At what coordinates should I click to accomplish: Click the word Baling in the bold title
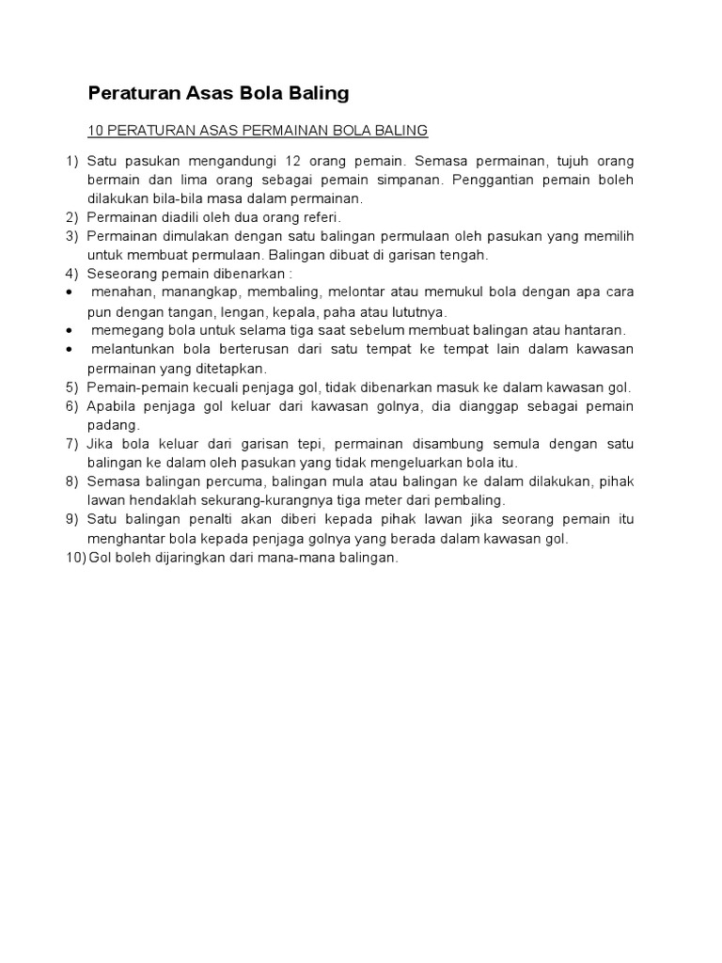point(317,93)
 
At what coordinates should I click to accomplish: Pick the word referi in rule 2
point(319,217)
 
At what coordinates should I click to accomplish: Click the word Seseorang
point(121,274)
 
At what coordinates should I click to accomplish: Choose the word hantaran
point(597,330)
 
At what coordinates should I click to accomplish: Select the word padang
point(112,424)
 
